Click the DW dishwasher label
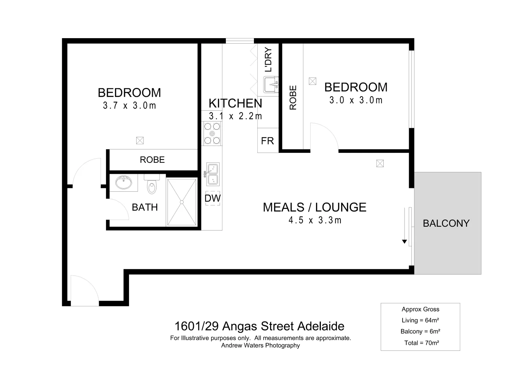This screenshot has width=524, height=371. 213,198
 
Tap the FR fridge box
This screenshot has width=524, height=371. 268,140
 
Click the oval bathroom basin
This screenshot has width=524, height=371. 124,182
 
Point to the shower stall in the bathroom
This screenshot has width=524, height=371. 182,202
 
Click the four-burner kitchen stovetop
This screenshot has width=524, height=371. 212,134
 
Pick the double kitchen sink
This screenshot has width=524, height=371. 212,175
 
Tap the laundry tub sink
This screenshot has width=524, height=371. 271,85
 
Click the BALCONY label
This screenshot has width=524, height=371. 446,223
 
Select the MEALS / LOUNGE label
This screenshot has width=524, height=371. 314,207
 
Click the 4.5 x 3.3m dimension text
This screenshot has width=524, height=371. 315,220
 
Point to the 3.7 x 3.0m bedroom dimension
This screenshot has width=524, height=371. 129,105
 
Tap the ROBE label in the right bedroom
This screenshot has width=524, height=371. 293,98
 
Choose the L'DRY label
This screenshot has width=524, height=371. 268,59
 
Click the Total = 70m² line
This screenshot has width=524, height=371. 421,342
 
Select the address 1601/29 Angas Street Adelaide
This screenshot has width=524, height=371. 259,326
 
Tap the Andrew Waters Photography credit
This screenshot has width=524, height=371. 260,346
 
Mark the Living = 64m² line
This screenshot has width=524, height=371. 420,320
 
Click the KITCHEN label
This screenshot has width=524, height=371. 235,103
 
